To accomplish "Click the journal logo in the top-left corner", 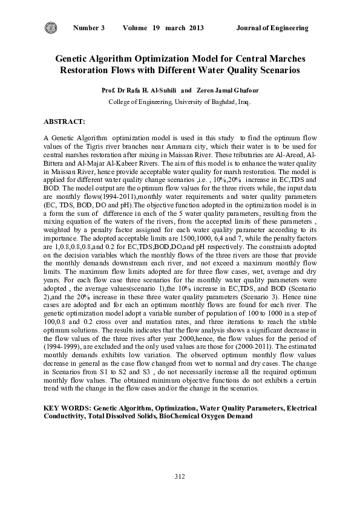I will [50, 27].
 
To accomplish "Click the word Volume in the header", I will [137, 28].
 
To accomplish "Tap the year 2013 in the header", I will [196, 28].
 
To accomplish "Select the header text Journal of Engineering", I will [272, 28].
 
